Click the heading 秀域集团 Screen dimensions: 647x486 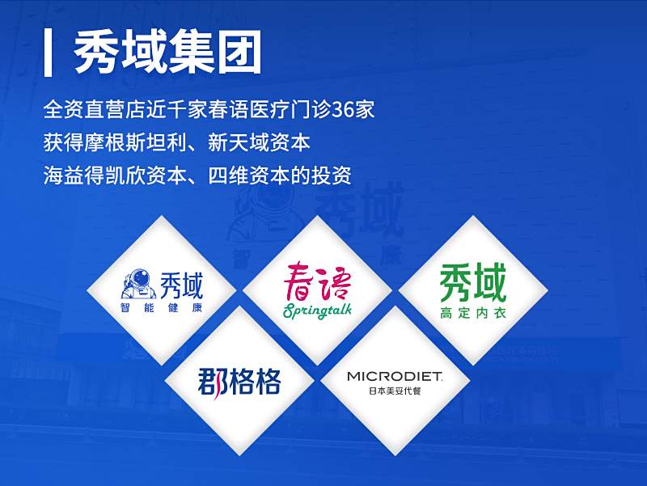[167, 52]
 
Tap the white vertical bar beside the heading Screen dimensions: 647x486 [48, 53]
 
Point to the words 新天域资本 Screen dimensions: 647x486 [259, 143]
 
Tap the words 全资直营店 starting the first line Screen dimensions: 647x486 [95, 110]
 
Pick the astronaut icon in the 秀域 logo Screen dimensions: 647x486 [139, 284]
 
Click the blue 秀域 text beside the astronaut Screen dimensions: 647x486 [181, 285]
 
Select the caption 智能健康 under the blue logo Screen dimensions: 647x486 [162, 308]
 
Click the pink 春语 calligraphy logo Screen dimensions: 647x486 [317, 281]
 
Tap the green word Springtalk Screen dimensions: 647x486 [317, 311]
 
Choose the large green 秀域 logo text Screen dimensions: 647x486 [473, 283]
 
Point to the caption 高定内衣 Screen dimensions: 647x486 [473, 313]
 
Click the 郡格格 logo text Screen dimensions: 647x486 [239, 381]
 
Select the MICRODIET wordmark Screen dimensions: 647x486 [395, 376]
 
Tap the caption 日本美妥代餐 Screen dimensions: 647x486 [395, 391]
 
